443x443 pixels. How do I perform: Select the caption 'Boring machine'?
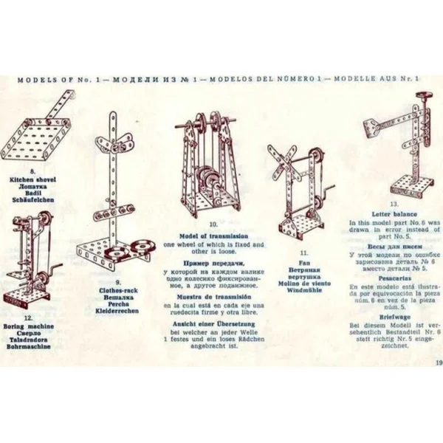[32, 326]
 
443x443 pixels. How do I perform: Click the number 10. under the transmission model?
[213, 223]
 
